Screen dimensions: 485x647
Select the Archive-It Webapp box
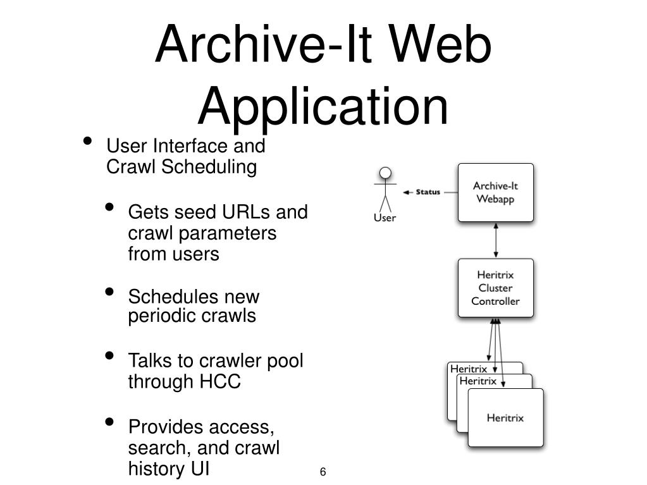click(495, 192)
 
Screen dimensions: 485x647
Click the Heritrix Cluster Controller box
click(495, 288)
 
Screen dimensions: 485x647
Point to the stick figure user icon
click(385, 188)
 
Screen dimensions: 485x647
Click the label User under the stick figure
click(385, 218)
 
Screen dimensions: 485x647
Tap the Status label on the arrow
click(428, 192)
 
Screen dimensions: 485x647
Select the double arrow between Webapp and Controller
click(496, 240)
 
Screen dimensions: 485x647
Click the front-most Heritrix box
click(505, 418)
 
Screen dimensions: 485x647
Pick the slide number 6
click(323, 472)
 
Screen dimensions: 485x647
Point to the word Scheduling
click(210, 167)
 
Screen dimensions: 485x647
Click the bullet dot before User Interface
click(89, 142)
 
